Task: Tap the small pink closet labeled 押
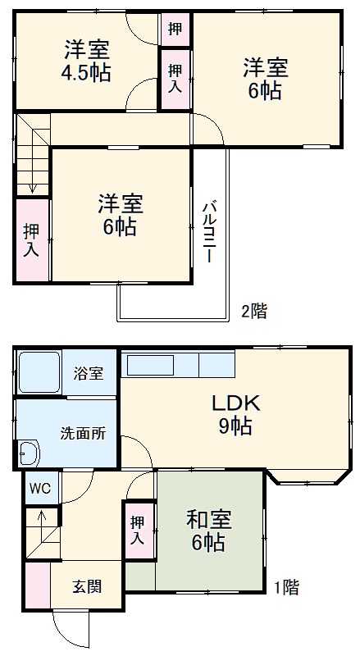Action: pos(175,28)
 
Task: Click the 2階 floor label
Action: pos(253,311)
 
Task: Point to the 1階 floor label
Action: pos(286,587)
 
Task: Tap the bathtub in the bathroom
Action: pos(39,373)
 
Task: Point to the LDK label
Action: pos(236,403)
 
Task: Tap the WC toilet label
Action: pos(39,488)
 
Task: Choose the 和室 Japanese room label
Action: pos(208,519)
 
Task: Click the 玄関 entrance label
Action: pos(87,589)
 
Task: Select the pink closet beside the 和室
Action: pos(138,529)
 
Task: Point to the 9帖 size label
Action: pos(235,426)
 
